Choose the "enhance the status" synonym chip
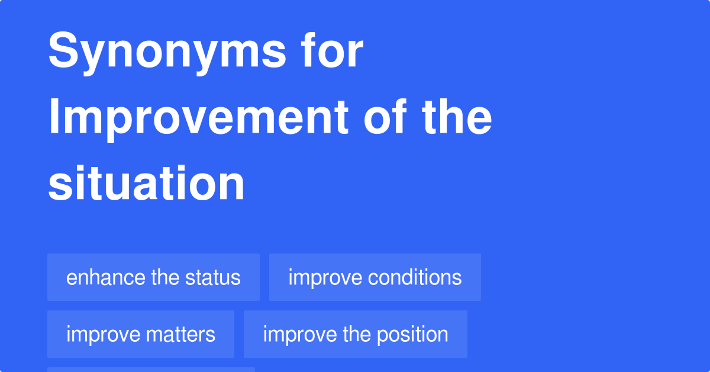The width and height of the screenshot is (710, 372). pos(153,277)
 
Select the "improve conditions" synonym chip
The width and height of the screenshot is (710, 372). pos(375,277)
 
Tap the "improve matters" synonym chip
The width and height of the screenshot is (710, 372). pos(141,334)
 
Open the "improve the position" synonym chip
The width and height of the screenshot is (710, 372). pos(355,334)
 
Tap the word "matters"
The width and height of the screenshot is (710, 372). pos(181,334)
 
